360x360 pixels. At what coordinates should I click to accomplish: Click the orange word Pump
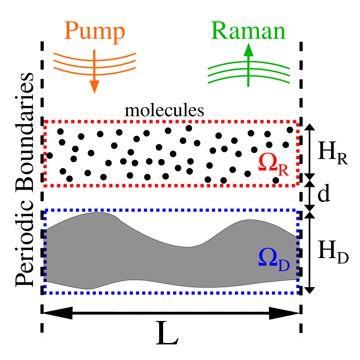(95, 31)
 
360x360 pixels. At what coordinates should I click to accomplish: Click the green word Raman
(248, 31)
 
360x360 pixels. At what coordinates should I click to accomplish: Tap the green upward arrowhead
(248, 49)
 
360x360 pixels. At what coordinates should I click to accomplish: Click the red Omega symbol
(268, 162)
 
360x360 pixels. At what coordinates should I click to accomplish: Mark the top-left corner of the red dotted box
(46, 122)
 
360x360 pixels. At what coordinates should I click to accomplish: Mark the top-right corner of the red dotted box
(297, 123)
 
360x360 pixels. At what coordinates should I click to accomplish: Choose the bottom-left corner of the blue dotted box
(46, 293)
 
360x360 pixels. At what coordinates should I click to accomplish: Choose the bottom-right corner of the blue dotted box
(298, 292)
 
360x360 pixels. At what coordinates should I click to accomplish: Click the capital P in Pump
(72, 31)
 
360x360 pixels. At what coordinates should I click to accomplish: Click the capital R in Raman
(220, 31)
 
